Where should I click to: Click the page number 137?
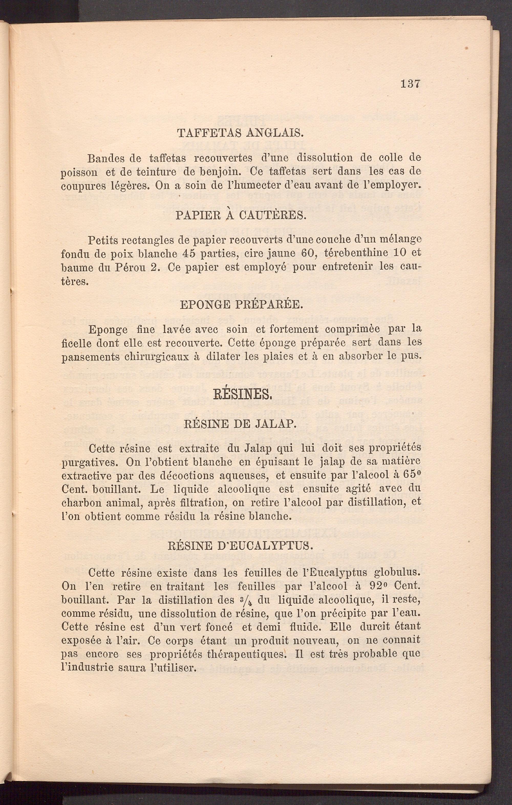pyautogui.click(x=410, y=84)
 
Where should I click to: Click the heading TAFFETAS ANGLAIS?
pyautogui.click(x=240, y=133)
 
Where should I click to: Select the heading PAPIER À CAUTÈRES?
pyautogui.click(x=241, y=215)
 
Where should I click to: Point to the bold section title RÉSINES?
pyautogui.click(x=242, y=395)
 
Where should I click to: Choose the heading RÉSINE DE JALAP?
pyautogui.click(x=240, y=424)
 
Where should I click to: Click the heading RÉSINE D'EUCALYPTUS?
pyautogui.click(x=240, y=546)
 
